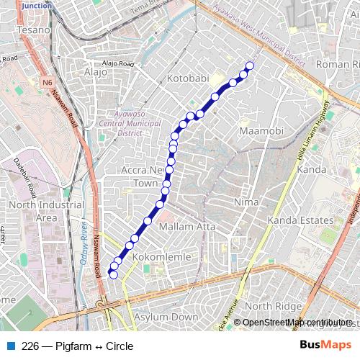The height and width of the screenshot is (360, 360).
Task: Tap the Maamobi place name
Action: [x=261, y=131]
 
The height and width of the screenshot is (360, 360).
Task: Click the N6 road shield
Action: [x=48, y=82]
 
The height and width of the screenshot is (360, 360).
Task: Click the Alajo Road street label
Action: [x=118, y=64]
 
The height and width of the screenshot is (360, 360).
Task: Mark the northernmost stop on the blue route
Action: [x=250, y=66]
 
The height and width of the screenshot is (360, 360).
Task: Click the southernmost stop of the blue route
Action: [x=112, y=274]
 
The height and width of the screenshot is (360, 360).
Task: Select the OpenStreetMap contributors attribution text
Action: [x=297, y=323]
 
